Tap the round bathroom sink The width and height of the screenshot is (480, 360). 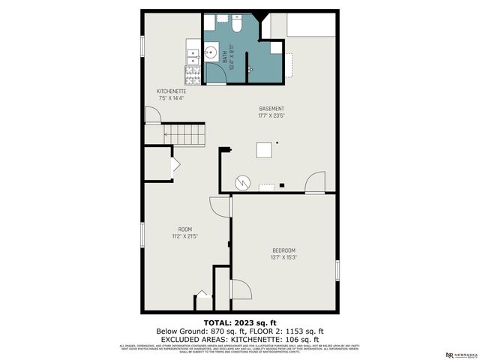211,54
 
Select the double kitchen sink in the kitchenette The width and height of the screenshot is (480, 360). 192,54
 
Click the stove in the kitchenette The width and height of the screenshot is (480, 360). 192,73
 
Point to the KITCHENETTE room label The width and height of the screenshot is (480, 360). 171,91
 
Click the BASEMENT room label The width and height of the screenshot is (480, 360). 271,109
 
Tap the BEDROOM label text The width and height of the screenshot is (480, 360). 283,250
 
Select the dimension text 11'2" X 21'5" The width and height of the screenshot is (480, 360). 185,236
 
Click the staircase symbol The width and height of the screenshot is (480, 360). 184,135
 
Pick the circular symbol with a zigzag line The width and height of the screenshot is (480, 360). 243,181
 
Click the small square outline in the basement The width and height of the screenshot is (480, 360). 264,149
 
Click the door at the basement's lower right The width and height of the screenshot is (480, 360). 315,182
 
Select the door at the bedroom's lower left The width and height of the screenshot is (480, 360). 240,289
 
